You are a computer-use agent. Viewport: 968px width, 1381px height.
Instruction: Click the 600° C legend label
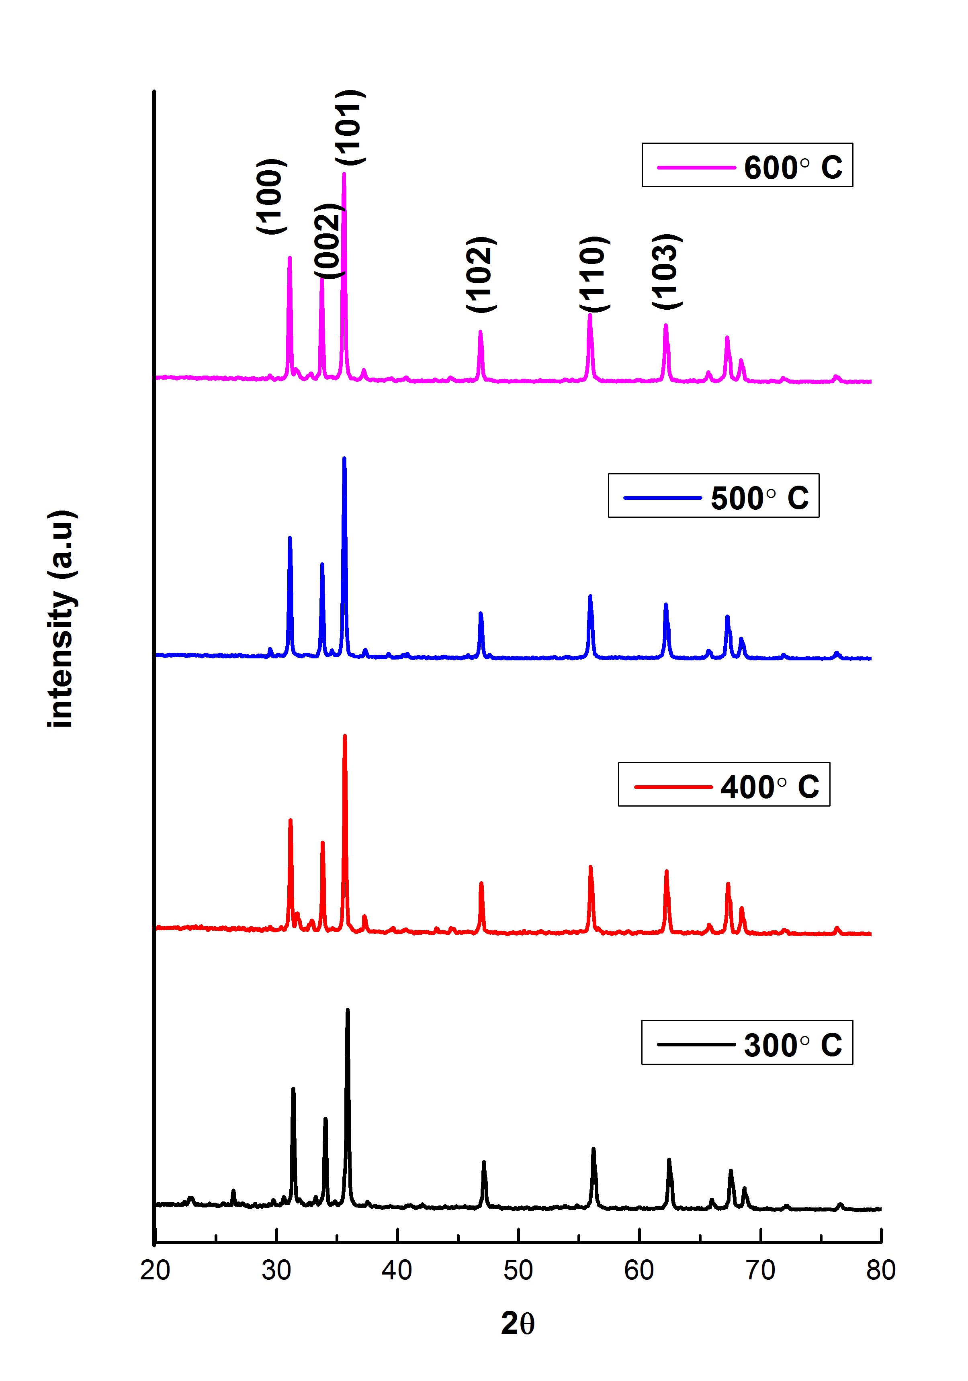pos(792,167)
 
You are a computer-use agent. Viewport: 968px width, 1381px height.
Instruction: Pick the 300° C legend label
pos(792,1045)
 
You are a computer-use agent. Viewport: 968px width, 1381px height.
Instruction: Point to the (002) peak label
pos(328,241)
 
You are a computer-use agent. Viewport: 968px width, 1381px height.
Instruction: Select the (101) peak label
pos(350,127)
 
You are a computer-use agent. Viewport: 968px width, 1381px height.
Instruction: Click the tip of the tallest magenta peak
pos(344,174)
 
